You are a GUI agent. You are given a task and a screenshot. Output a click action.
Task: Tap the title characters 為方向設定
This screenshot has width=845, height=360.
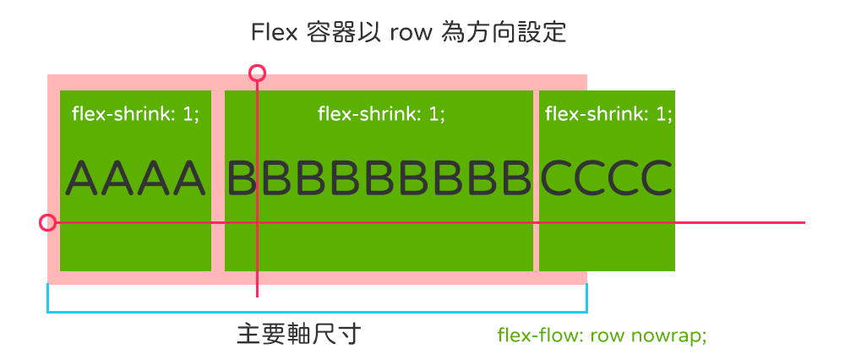504,33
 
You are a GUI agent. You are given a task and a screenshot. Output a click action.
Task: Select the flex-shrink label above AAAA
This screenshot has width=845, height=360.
135,114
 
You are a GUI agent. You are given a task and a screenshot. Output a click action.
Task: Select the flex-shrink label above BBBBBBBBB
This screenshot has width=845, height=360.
381,114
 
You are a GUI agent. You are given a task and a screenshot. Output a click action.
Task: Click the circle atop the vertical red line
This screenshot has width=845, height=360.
258,73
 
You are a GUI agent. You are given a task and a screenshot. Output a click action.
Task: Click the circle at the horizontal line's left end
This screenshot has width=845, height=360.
47,223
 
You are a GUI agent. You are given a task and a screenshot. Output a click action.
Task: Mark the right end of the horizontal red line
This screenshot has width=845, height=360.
804,223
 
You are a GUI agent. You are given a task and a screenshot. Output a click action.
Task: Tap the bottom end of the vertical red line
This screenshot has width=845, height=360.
257,297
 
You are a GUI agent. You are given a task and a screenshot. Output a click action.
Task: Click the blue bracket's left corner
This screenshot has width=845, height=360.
48,311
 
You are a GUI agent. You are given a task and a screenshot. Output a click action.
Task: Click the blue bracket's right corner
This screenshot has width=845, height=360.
586,311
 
